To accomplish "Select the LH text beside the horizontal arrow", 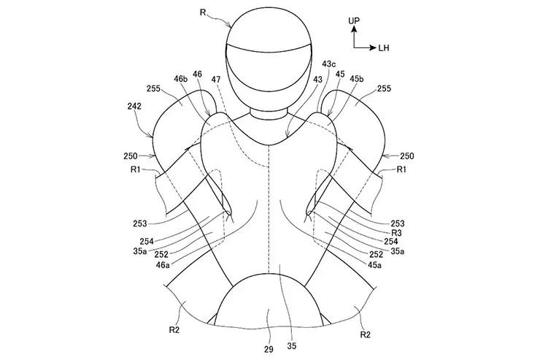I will [384, 48].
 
